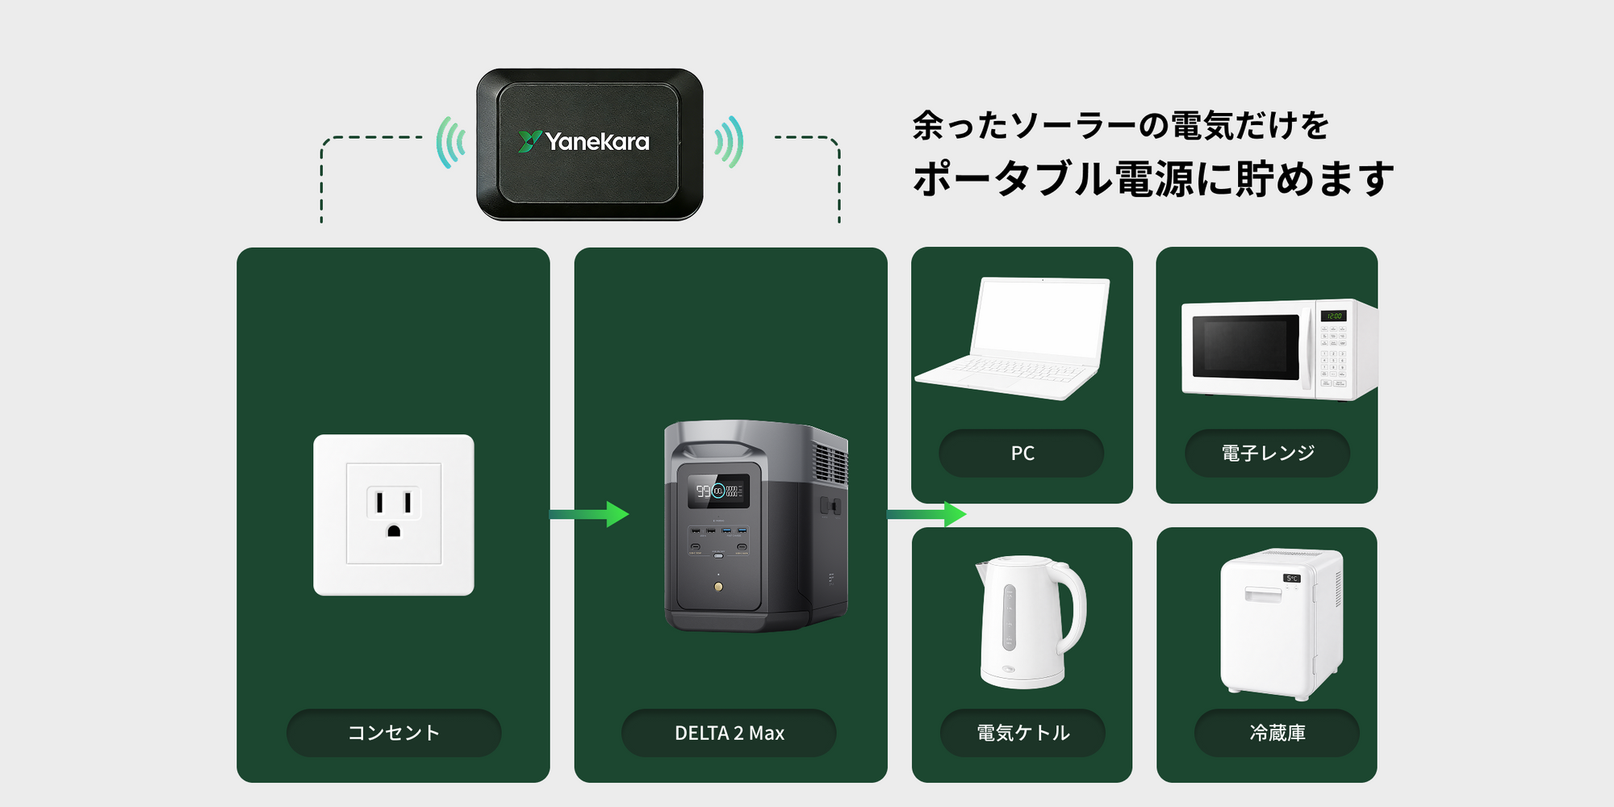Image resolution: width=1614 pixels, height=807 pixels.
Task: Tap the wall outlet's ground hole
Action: (394, 531)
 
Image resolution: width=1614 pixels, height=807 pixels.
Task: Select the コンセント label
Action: (394, 733)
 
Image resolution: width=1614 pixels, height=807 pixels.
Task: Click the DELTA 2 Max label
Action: (730, 733)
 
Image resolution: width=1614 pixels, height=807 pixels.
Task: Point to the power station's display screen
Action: (717, 491)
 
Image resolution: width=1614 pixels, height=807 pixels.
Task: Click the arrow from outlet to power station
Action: (590, 514)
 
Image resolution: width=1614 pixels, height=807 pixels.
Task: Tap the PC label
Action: (1022, 454)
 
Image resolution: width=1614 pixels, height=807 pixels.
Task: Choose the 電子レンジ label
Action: (1267, 454)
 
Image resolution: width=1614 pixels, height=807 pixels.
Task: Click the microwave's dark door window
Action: (1245, 346)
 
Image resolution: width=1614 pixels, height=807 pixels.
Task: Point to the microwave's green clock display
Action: (1333, 316)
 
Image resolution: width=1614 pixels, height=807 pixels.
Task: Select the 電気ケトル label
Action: (1022, 733)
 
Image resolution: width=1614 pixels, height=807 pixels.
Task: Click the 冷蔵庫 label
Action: (1277, 733)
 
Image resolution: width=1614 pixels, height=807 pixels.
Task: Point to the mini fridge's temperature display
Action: (1291, 578)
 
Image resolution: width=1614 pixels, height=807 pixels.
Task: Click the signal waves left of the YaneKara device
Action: (451, 142)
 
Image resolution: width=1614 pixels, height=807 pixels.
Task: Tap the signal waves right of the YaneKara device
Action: (729, 142)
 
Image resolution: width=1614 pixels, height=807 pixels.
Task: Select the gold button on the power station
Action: (718, 587)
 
